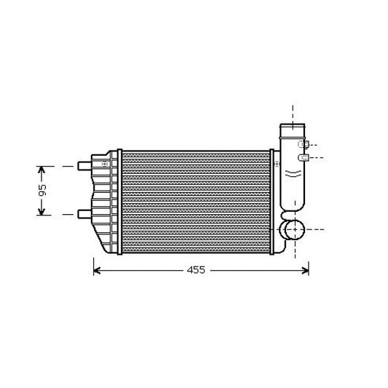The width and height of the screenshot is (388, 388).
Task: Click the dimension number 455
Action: [x=196, y=270]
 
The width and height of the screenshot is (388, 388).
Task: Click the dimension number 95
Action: [x=42, y=190]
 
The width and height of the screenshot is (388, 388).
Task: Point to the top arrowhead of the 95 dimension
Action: [x=42, y=170]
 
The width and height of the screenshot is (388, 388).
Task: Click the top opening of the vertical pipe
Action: [x=293, y=130]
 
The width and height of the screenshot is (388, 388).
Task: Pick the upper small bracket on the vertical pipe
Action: [x=304, y=144]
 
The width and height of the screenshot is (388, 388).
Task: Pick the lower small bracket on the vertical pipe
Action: [x=304, y=157]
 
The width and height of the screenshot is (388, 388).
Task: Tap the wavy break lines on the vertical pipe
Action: [x=293, y=173]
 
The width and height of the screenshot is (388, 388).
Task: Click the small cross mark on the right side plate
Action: [x=277, y=165]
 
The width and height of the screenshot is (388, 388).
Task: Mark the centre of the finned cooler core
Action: [x=196, y=202]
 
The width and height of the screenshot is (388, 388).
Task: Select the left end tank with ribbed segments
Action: [x=106, y=202]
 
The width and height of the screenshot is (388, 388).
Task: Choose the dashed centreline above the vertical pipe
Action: [x=293, y=114]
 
